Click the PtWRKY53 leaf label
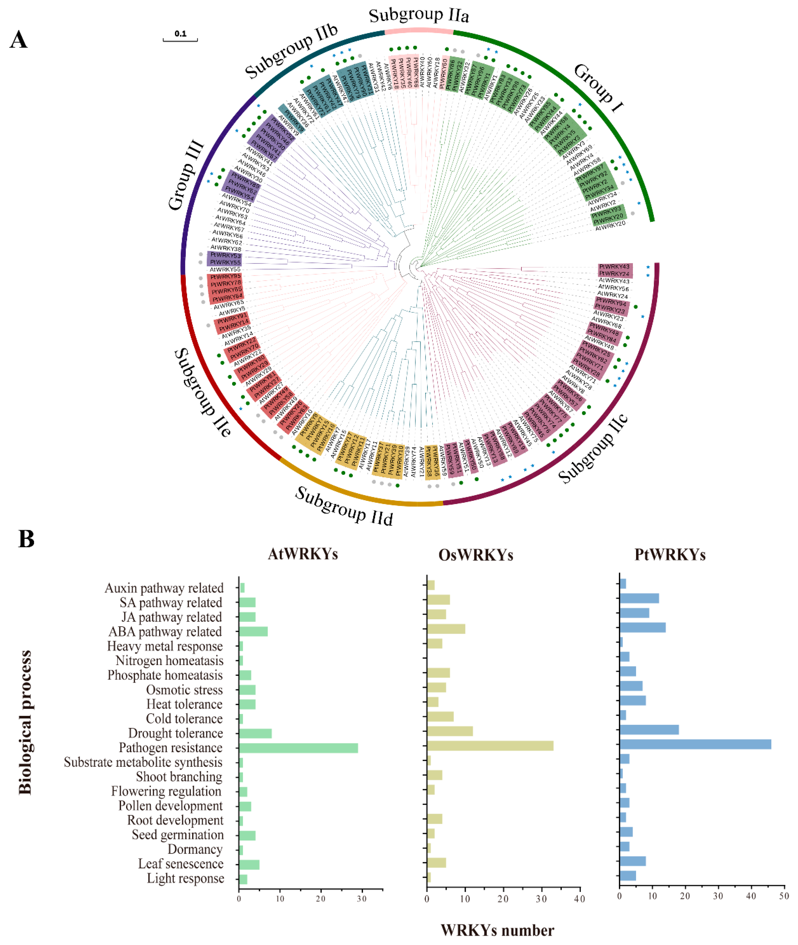pos(225,255)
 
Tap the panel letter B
pos(26,539)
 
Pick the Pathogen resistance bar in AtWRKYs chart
pos(298,748)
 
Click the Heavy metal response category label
pos(165,646)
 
